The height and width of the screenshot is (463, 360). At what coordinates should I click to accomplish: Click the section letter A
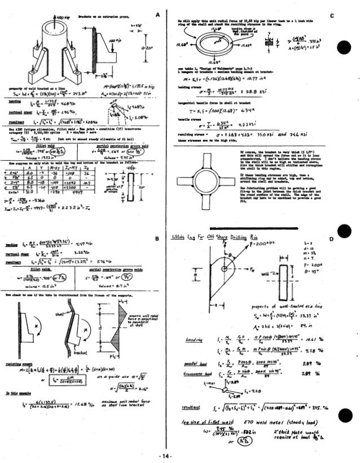click(163, 13)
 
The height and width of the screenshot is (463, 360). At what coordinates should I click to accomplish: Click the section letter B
click(163, 239)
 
